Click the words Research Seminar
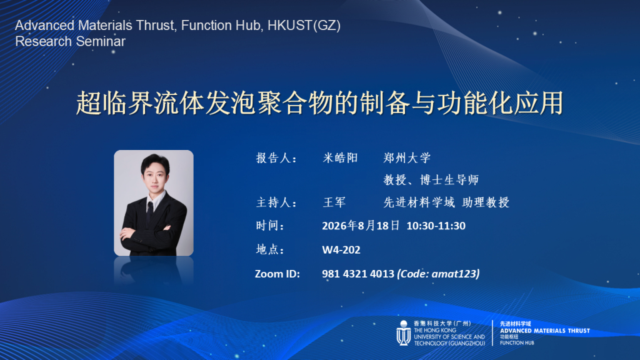click(70, 42)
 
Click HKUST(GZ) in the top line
click(304, 25)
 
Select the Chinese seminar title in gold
click(320, 103)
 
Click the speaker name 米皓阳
click(340, 158)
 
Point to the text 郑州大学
click(407, 158)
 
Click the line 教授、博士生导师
click(431, 179)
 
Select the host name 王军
click(334, 202)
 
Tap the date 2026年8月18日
click(361, 226)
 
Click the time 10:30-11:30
click(436, 226)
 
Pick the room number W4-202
click(341, 250)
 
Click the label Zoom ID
click(277, 274)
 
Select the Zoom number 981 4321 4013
click(358, 274)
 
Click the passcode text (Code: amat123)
click(438, 274)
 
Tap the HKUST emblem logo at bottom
click(403, 333)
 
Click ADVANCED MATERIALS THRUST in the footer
click(545, 331)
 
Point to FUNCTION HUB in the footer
click(517, 343)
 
